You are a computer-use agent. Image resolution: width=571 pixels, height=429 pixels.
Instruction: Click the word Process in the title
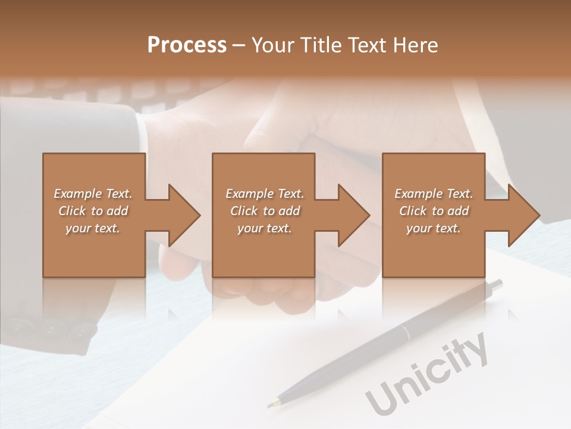click(x=187, y=45)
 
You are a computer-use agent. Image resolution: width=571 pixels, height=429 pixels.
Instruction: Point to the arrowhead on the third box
click(x=523, y=215)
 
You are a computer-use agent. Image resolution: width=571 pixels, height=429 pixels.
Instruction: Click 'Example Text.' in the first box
click(x=93, y=194)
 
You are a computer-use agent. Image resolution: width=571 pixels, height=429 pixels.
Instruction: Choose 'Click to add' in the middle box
click(x=265, y=211)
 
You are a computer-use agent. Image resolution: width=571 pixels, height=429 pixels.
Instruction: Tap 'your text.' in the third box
click(x=434, y=228)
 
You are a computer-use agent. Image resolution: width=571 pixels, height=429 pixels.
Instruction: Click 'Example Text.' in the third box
click(x=434, y=194)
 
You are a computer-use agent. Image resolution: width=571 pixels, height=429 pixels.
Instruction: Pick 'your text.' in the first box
click(x=93, y=228)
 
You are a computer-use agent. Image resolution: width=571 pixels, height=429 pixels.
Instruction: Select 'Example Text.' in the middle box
click(x=265, y=194)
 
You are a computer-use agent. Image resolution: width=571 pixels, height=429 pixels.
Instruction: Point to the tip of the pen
click(x=271, y=405)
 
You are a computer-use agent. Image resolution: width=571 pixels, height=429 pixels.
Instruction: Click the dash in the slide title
click(x=239, y=45)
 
